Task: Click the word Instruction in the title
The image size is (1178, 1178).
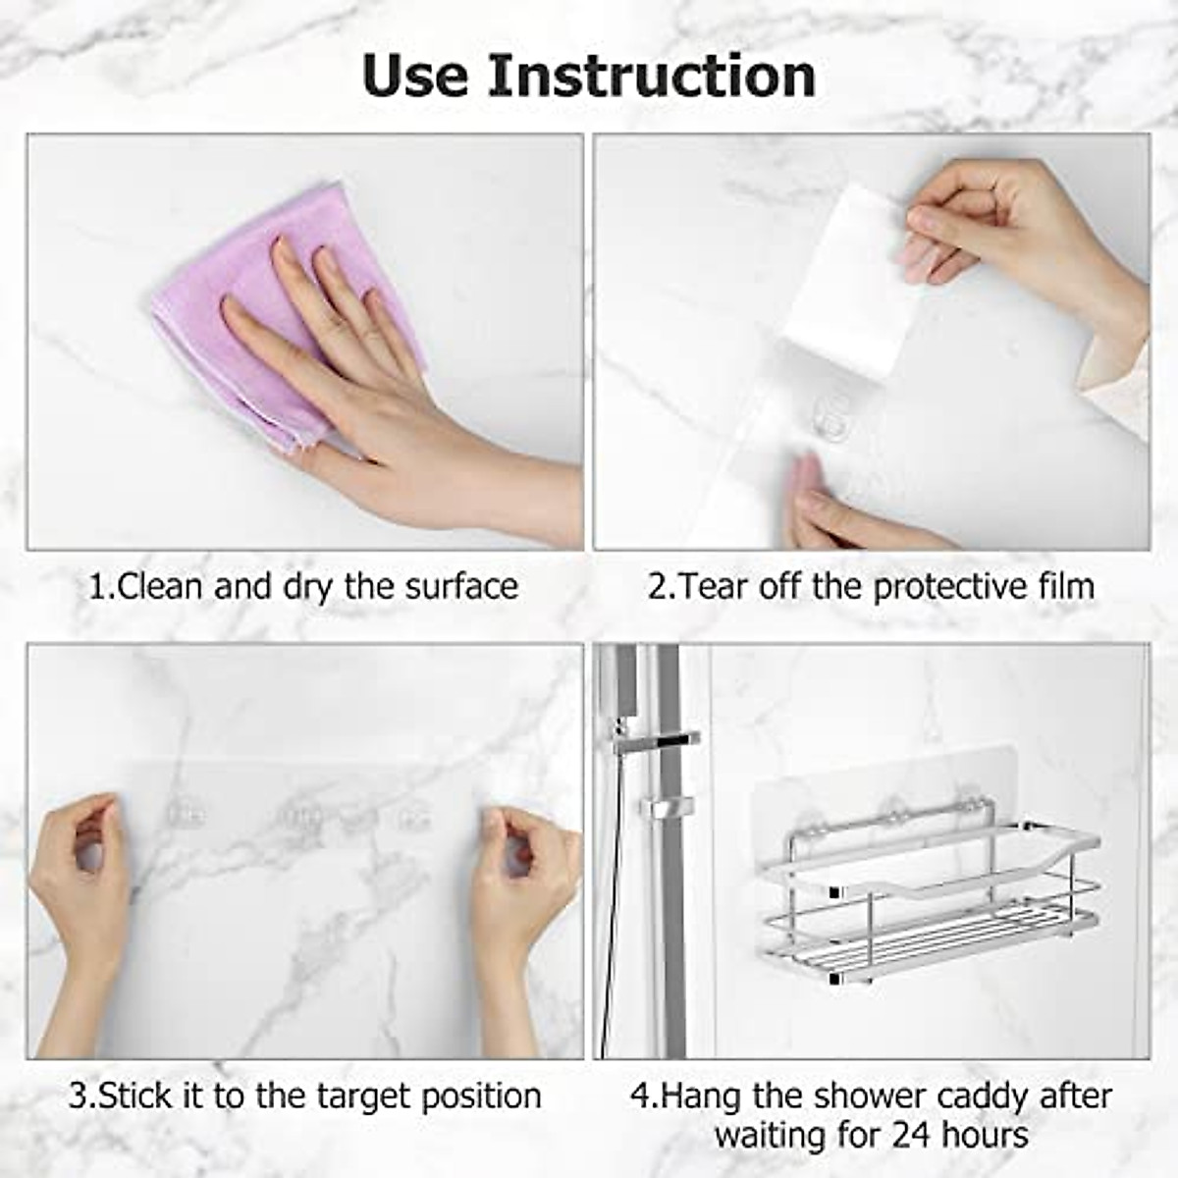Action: coord(651,76)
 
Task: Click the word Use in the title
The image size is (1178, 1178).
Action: coord(415,76)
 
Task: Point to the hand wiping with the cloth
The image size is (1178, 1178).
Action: coord(393,393)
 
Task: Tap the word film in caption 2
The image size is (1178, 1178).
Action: coord(1064,586)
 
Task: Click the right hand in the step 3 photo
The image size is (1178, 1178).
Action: coord(525,883)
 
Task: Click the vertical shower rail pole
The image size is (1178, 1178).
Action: coord(671,933)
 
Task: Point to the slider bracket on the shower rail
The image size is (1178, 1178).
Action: coord(667,807)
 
